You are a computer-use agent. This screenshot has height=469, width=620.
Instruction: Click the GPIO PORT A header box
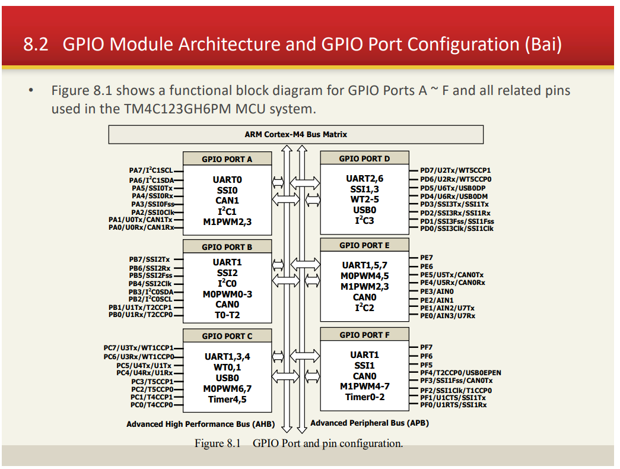227,159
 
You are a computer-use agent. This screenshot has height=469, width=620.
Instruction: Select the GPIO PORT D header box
364,159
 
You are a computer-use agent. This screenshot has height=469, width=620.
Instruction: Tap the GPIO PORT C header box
227,336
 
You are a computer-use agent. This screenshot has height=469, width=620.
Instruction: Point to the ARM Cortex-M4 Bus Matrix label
296,134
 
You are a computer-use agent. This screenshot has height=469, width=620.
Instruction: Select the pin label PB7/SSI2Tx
150,259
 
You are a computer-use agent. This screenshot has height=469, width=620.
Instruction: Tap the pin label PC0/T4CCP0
152,405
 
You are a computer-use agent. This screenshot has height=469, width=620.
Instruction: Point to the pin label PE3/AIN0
437,291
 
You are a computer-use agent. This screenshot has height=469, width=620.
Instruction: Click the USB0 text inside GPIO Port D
364,210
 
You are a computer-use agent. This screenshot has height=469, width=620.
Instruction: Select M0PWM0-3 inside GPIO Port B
227,294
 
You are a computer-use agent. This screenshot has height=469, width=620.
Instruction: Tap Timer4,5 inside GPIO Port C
227,399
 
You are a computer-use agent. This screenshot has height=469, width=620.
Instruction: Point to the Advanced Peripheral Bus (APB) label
369,423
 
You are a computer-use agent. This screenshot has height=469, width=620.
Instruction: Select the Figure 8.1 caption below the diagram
298,443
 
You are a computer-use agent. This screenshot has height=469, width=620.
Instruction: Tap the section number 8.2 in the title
36,45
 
